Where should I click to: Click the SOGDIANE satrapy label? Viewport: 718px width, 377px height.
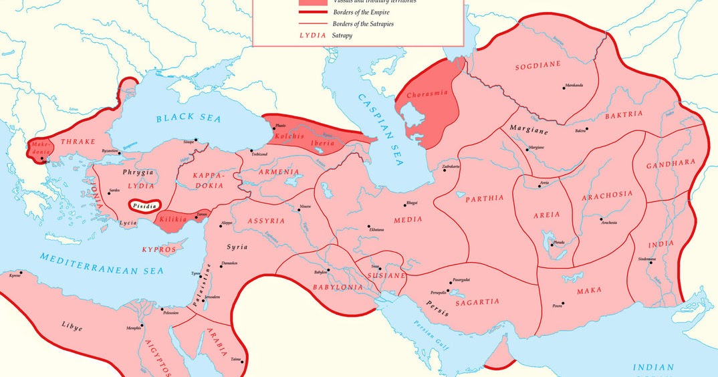point(537,66)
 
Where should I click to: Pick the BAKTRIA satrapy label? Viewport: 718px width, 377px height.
point(624,114)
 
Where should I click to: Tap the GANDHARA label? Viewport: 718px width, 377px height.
point(671,163)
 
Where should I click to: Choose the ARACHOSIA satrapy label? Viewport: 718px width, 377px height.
point(607,195)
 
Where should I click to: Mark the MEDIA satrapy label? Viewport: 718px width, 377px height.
point(407,219)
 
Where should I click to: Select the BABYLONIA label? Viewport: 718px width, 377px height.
point(337,287)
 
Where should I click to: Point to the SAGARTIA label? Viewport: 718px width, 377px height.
point(477,301)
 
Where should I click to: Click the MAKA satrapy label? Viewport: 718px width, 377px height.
point(589,290)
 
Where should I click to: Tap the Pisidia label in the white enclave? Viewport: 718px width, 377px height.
point(145,206)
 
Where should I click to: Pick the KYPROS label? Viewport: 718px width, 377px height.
point(158,249)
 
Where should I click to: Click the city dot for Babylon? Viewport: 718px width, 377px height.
point(328,270)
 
